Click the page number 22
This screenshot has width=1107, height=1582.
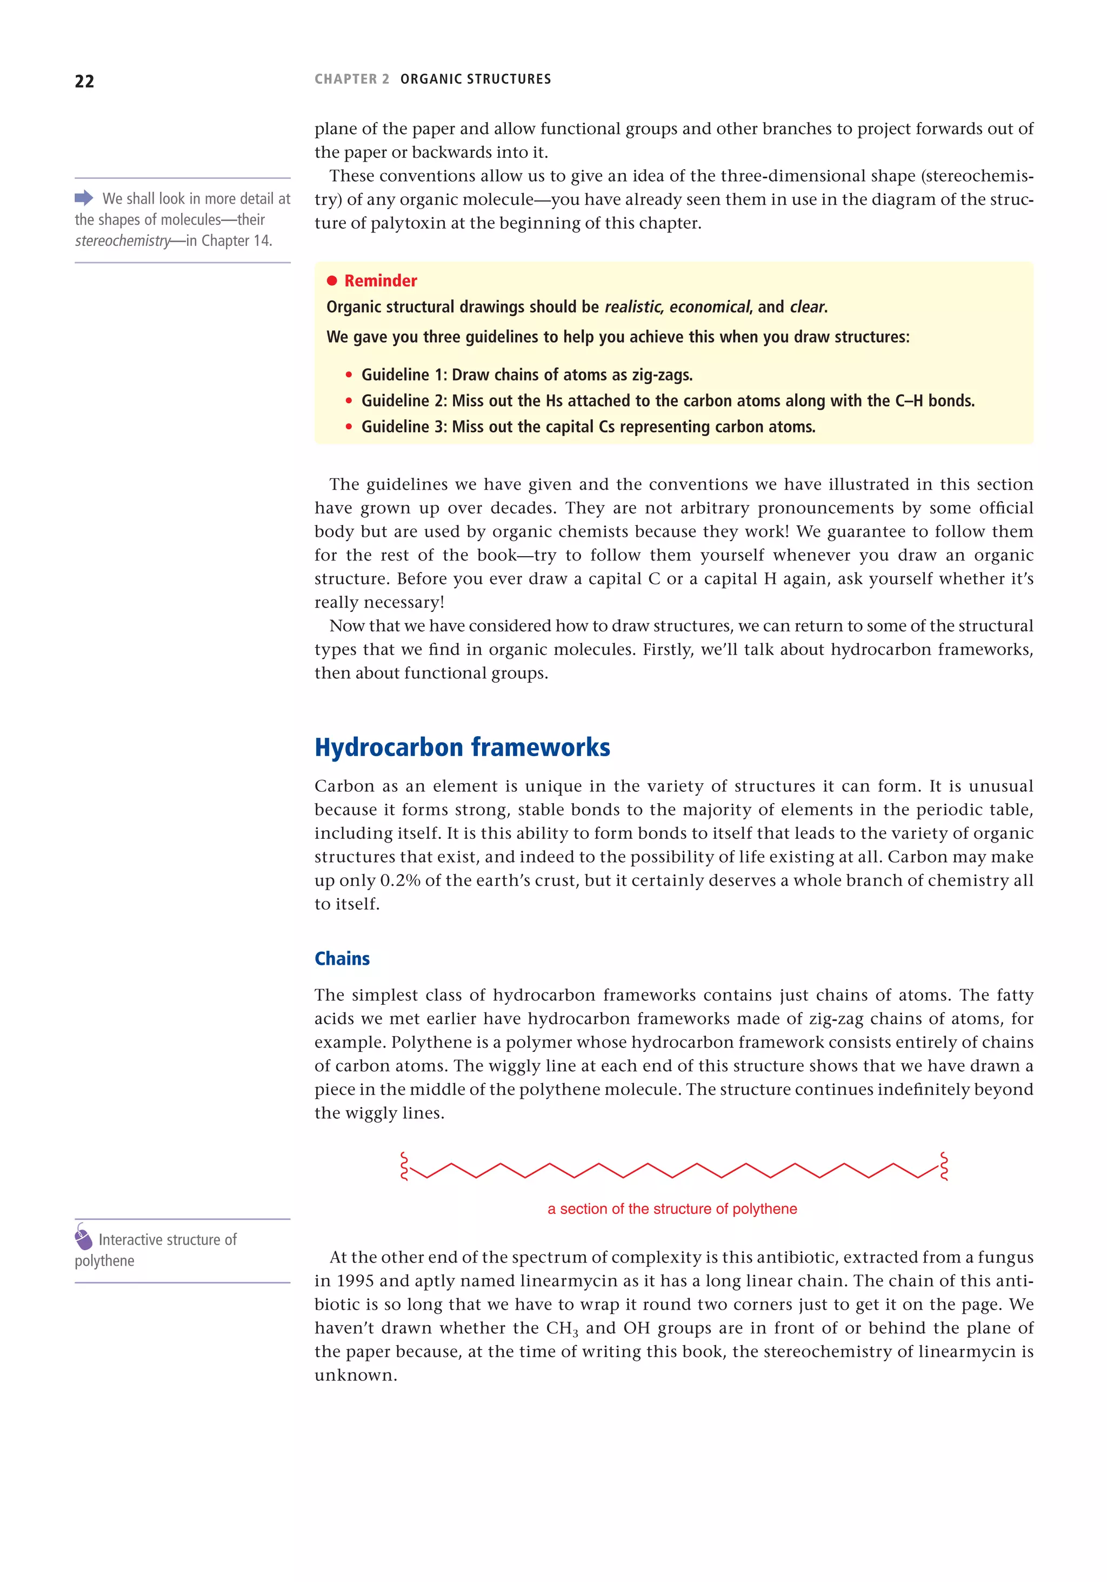pyautogui.click(x=84, y=81)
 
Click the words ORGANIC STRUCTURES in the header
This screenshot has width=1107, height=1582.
pyautogui.click(x=475, y=79)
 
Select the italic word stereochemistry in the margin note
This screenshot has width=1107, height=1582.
pyautogui.click(x=123, y=241)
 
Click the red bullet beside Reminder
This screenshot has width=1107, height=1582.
pyautogui.click(x=331, y=281)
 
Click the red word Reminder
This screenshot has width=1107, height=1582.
pyautogui.click(x=381, y=281)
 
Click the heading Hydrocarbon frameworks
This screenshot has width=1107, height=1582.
pyautogui.click(x=462, y=747)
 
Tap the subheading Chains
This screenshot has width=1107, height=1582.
pyautogui.click(x=342, y=958)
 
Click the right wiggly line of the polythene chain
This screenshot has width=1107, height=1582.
pyautogui.click(x=944, y=1166)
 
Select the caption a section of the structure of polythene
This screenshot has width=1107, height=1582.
pyautogui.click(x=672, y=1209)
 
